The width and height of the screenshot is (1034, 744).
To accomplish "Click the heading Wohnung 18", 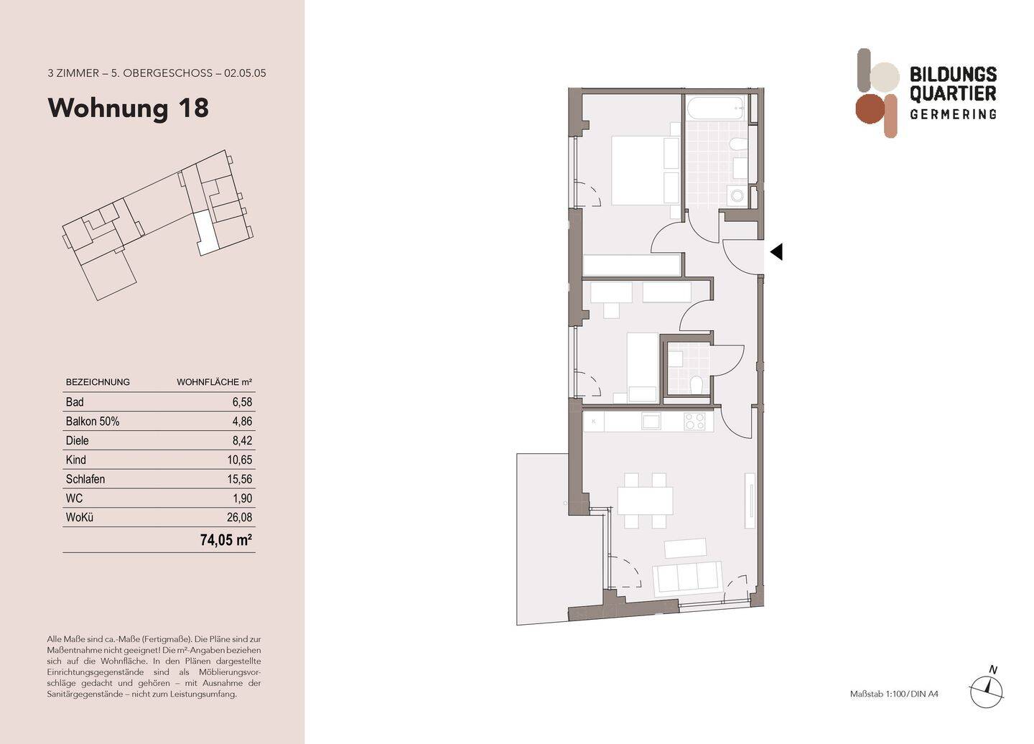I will click(x=128, y=108).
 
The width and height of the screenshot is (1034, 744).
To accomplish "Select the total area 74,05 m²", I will click(x=225, y=540).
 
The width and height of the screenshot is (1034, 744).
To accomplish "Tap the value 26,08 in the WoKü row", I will click(x=239, y=517).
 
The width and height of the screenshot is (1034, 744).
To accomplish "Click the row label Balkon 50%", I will click(x=93, y=422).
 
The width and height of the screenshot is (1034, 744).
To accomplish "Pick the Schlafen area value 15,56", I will click(x=239, y=479).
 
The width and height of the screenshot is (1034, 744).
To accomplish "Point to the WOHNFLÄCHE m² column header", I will click(x=214, y=382).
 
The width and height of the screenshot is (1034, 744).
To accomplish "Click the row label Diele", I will click(x=78, y=441).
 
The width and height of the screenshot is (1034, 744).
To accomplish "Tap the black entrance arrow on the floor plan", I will click(x=775, y=252).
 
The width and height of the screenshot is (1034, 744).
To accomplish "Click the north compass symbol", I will click(x=987, y=689).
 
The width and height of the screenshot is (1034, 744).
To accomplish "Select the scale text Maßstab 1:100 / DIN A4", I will click(x=894, y=694).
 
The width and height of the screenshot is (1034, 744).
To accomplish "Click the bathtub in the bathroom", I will click(x=716, y=109).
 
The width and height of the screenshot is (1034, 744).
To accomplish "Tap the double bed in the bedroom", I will click(x=645, y=170).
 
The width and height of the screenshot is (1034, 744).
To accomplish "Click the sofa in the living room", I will click(x=687, y=577).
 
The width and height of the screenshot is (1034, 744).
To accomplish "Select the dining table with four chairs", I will click(x=645, y=501).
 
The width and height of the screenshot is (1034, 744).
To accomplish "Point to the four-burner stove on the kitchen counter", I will click(x=694, y=422).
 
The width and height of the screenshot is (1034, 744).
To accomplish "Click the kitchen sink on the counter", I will click(x=651, y=422).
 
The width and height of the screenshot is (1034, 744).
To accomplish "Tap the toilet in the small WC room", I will click(x=696, y=385).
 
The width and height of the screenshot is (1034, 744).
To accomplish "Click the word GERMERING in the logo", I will click(x=952, y=114).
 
